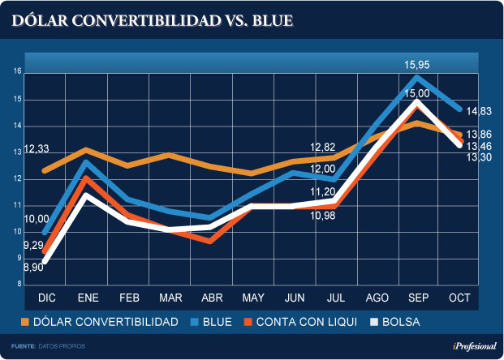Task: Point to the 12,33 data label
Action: click(x=37, y=150)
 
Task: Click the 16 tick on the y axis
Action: click(x=16, y=72)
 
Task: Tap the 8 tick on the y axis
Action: click(x=18, y=285)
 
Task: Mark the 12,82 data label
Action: click(x=323, y=147)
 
